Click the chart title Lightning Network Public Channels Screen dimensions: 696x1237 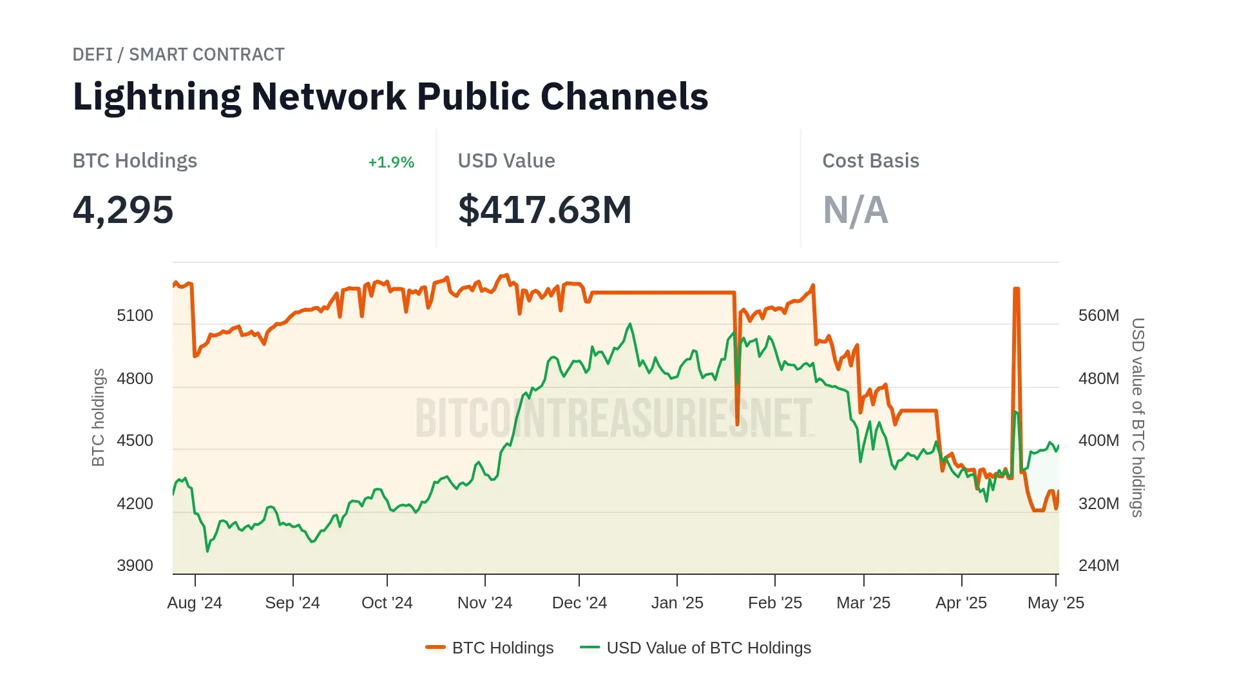[390, 97]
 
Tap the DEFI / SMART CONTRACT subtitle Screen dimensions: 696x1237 [178, 55]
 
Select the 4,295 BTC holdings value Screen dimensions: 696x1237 [123, 210]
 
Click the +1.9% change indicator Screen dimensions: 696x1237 [391, 162]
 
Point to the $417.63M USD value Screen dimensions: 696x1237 [544, 210]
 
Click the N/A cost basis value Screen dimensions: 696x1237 [855, 210]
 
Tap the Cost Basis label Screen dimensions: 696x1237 [870, 161]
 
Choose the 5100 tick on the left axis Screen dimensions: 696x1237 [135, 316]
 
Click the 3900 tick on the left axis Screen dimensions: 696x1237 [135, 566]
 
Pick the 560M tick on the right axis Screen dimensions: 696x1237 [1098, 316]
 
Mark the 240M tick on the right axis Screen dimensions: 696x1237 [1098, 566]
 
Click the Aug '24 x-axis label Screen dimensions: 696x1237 [195, 603]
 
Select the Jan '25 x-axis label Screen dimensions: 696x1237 [677, 603]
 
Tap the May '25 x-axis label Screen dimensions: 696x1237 [1055, 603]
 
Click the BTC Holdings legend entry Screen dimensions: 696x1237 [490, 648]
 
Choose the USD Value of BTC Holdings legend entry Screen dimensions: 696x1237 [696, 648]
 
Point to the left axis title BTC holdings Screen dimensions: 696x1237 [98, 418]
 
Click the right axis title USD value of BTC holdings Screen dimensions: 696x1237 [1138, 418]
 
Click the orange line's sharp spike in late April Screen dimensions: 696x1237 [1016, 289]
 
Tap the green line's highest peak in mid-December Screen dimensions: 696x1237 [630, 324]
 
